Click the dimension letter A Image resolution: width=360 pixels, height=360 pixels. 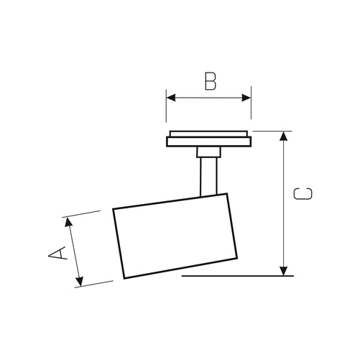tap(57, 253)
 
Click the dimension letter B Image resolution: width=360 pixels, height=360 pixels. tap(211, 81)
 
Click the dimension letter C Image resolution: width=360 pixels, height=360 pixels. tap(303, 194)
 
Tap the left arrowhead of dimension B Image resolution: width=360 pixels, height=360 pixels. tap(171, 98)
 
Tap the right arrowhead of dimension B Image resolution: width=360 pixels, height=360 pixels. tap(246, 98)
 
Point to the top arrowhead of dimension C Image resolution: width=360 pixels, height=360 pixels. tap(284, 136)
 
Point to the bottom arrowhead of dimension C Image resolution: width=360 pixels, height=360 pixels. tap(284, 271)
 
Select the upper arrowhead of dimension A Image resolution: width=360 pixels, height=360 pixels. tap(68, 222)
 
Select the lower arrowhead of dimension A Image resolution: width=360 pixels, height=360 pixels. tap(80, 282)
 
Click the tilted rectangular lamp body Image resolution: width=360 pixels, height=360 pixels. tap(175, 236)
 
